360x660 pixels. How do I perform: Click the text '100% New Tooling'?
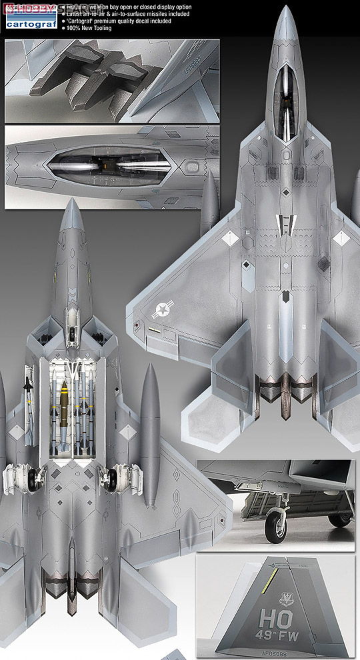coord(91,29)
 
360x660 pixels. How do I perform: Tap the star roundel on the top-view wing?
coord(162,308)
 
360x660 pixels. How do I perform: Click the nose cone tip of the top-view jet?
coord(285,9)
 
